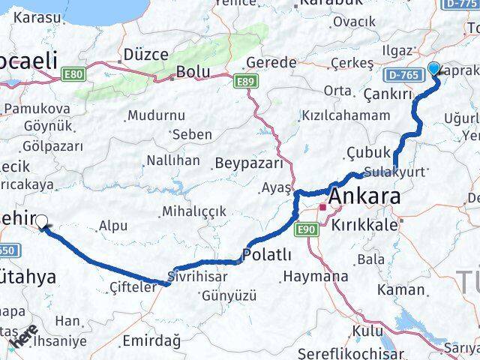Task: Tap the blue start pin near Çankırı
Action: [434, 70]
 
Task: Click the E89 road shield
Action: [244, 80]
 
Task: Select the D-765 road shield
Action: [403, 75]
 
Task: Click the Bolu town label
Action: [187, 73]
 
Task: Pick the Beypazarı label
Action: [248, 163]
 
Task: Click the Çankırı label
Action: [388, 94]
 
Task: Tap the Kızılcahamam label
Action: [346, 115]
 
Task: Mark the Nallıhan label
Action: [173, 160]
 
